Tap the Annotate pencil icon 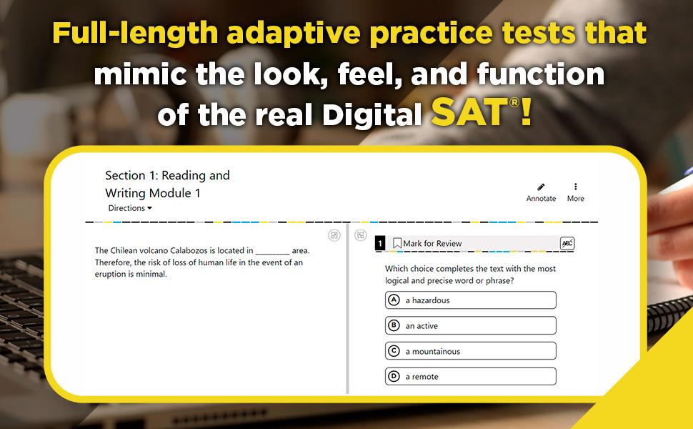(x=541, y=187)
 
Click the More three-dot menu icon (x=575, y=187)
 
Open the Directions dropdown (x=131, y=208)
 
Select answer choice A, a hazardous (x=470, y=300)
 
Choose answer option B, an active (x=470, y=326)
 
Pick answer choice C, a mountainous (x=470, y=351)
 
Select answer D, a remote (x=470, y=377)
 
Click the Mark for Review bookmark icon (x=397, y=244)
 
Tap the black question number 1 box (x=381, y=244)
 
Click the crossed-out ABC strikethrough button (x=567, y=244)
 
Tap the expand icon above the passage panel (x=334, y=235)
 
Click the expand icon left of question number (x=361, y=235)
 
